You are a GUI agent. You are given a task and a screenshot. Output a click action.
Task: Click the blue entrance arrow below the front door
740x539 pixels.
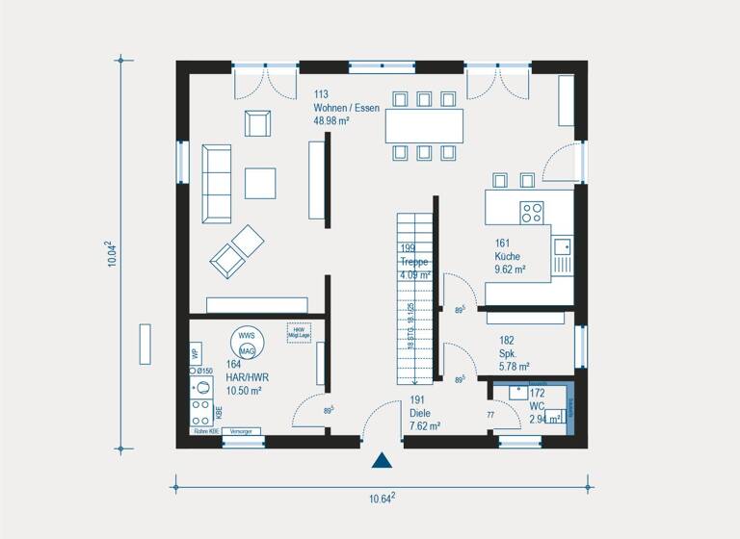click(x=383, y=460)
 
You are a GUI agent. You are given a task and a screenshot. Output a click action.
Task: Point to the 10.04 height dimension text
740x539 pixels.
click(x=113, y=254)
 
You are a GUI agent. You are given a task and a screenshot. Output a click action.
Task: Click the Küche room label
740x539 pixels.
click(x=507, y=257)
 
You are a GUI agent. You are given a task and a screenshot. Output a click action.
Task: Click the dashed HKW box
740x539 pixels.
click(x=297, y=332)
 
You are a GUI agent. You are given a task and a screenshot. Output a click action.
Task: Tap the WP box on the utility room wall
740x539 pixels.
click(x=196, y=351)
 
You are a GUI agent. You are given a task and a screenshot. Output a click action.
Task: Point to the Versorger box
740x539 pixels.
click(x=242, y=432)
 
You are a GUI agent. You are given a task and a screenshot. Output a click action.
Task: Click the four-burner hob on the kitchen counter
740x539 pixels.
click(x=532, y=211)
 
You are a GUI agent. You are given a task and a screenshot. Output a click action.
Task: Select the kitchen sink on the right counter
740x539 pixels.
click(x=562, y=254)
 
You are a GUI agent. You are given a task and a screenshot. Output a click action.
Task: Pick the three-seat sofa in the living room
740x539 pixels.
click(x=216, y=183)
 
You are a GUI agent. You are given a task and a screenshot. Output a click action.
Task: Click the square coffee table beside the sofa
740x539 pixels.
click(x=259, y=183)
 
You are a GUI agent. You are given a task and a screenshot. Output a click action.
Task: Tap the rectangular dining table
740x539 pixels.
click(x=424, y=125)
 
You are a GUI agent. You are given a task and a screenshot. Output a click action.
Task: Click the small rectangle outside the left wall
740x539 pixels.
click(x=145, y=344)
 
